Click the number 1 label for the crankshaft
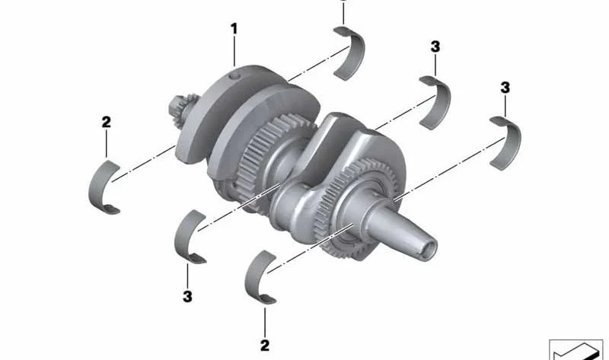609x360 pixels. [x=234, y=29]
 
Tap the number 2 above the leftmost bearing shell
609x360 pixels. [x=106, y=122]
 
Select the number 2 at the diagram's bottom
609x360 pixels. [x=265, y=346]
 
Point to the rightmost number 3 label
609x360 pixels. [x=505, y=88]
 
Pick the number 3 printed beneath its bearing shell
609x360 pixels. [x=187, y=296]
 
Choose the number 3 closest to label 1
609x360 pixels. [x=435, y=46]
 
